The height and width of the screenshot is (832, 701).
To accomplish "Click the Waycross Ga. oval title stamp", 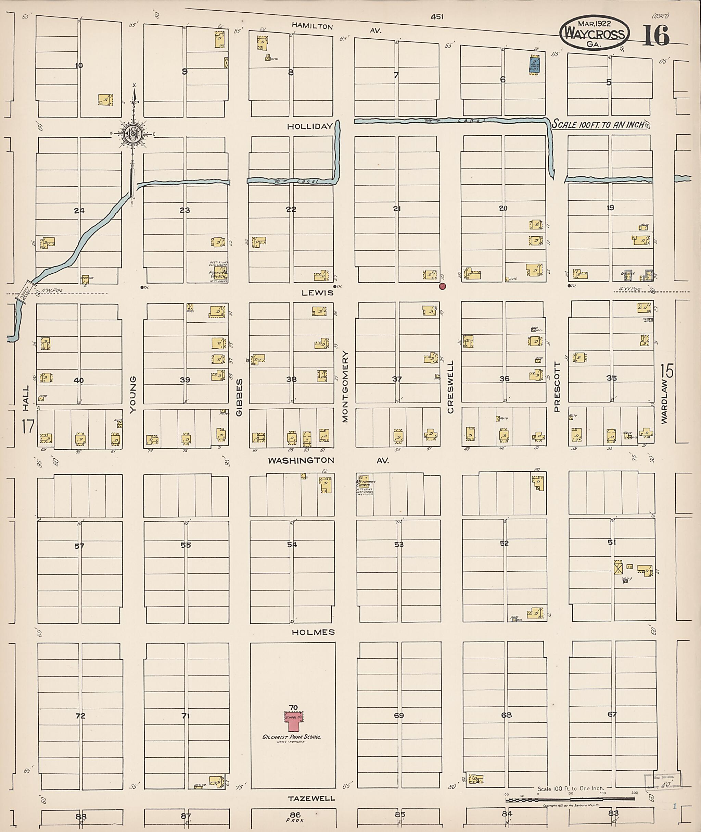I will click(x=595, y=34).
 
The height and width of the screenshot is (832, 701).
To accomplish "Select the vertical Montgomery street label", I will click(x=345, y=387).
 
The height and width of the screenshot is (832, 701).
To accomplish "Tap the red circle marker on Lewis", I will click(x=442, y=286).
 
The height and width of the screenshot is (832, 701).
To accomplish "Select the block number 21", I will click(x=397, y=208).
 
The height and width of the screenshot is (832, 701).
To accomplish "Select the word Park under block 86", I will click(x=294, y=820).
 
